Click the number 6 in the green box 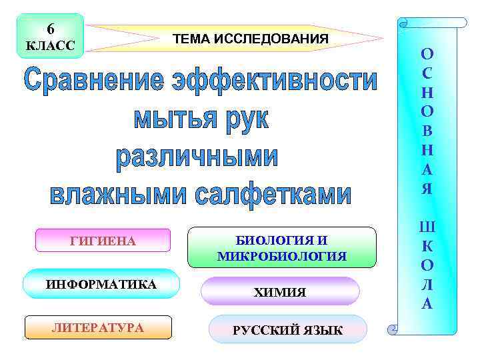click(x=51, y=29)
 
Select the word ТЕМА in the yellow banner click(x=191, y=39)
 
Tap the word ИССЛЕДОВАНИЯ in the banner click(x=271, y=39)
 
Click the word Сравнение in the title click(x=93, y=83)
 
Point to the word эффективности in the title click(x=275, y=83)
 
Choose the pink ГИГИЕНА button click(x=103, y=241)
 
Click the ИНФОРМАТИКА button click(x=101, y=285)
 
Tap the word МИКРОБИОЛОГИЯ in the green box click(x=281, y=256)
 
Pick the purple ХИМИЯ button click(x=280, y=292)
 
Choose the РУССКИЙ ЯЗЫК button click(x=287, y=330)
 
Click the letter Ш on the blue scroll click(x=427, y=229)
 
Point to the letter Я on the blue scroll click(x=427, y=189)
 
